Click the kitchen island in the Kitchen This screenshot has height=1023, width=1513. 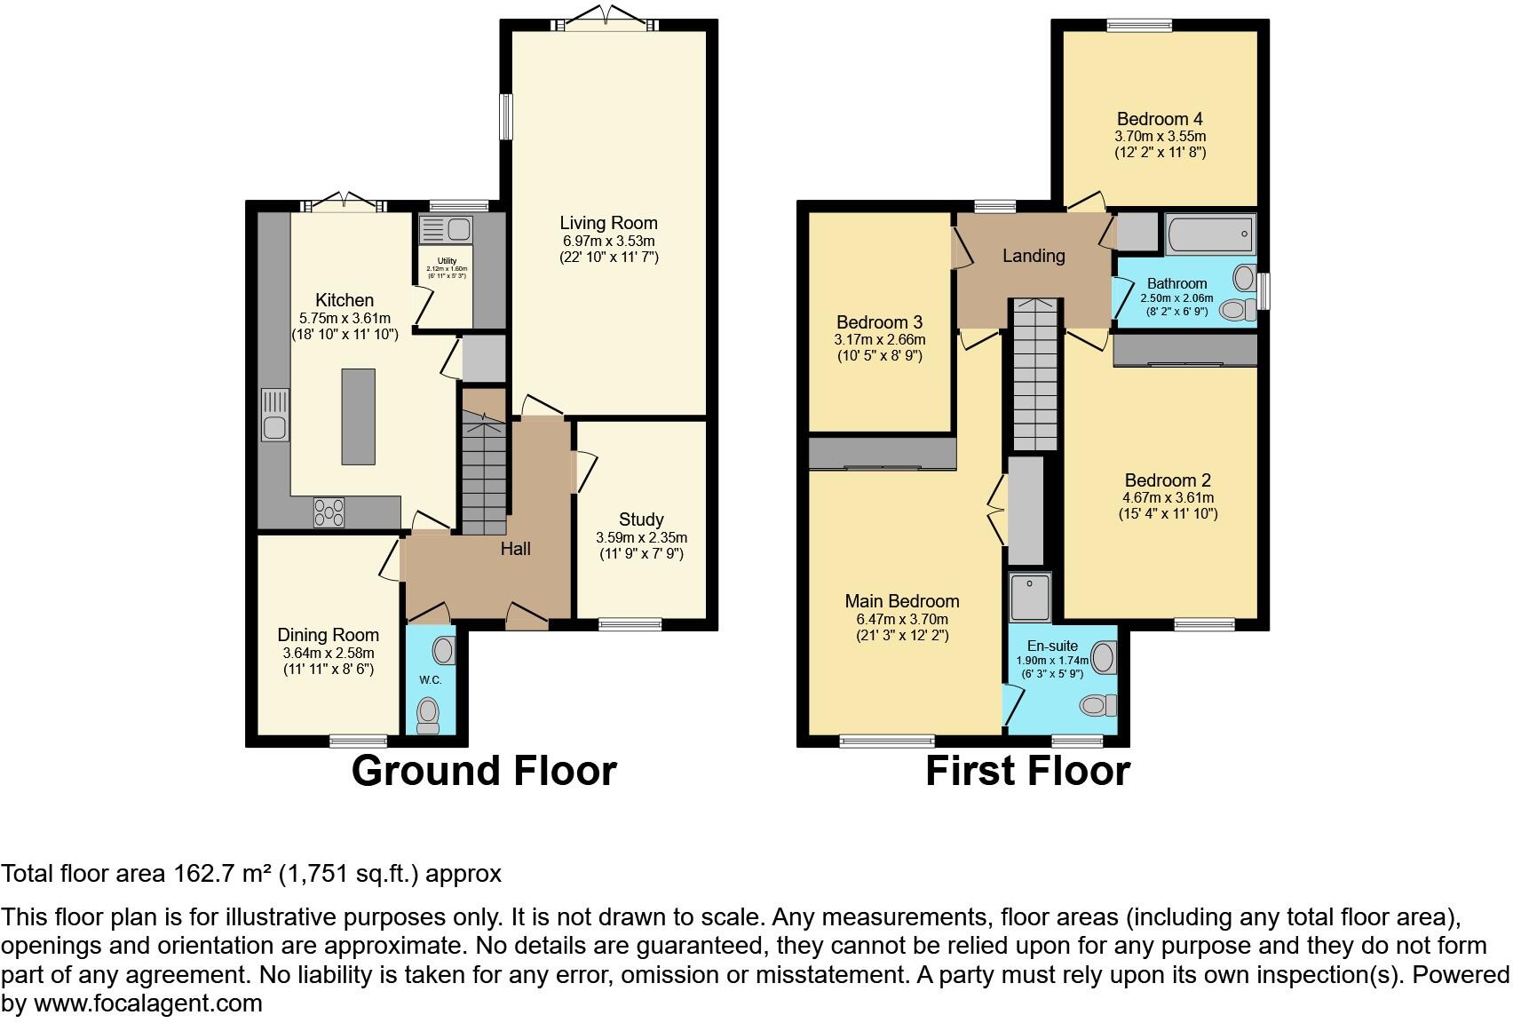359,416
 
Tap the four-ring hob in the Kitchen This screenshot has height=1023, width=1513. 329,512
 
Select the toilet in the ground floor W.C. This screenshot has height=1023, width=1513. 429,714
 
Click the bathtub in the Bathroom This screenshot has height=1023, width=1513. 1209,234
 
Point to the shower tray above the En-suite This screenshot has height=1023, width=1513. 1030,597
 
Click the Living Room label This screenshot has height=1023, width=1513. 608,223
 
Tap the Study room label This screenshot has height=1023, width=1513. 641,519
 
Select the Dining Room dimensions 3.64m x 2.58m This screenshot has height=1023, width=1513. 329,653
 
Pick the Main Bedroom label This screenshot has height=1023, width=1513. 902,601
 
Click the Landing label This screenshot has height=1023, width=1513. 1034,256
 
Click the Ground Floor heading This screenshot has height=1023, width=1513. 484,771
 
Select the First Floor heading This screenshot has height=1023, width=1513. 1027,771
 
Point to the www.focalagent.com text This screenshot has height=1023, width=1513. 148,1004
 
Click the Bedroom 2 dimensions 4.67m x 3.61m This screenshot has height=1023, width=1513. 1168,498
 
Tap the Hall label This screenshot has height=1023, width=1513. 515,549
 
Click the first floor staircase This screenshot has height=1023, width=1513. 1034,377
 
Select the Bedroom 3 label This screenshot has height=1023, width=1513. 879,322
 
